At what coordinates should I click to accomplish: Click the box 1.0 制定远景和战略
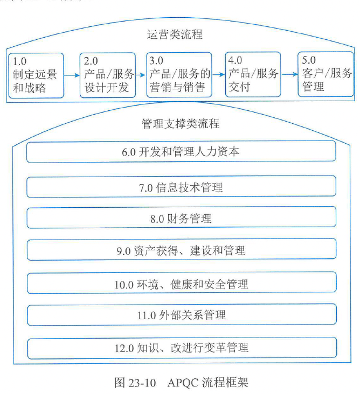coord(36,74)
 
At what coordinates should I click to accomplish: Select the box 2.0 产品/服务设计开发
coord(107,74)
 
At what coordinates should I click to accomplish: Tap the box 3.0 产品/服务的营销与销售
coord(179,74)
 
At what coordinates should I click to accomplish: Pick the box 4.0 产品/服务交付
coord(253,74)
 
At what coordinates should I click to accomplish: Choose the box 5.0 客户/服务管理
coord(326,74)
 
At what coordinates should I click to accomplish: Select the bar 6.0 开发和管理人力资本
coord(181,152)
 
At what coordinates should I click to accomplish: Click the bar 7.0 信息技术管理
coord(181,187)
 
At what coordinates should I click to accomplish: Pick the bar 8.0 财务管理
coord(181,218)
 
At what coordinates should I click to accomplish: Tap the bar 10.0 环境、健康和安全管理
coord(181,283)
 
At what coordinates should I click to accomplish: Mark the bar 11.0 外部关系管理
coord(181,314)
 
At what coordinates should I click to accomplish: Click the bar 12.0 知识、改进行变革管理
coord(181,347)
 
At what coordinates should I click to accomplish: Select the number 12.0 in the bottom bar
coord(123,348)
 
